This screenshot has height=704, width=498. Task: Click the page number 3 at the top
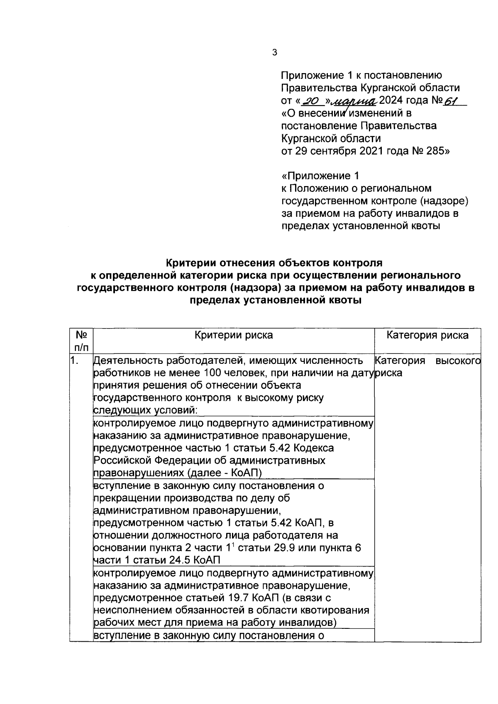tap(274, 52)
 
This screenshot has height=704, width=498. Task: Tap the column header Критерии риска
tap(234, 335)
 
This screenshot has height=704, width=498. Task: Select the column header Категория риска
tap(427, 335)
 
